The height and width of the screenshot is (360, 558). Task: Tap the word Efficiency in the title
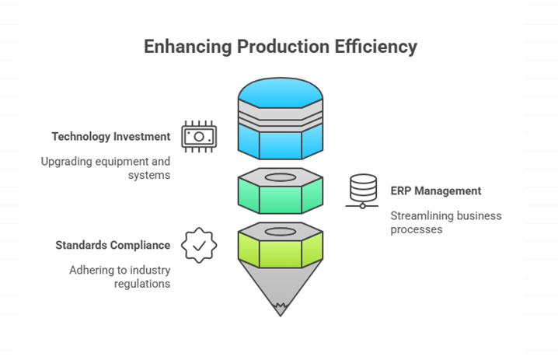point(375,47)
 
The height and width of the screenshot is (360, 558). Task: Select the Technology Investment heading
point(111,136)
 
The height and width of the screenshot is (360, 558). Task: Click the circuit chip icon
point(199,137)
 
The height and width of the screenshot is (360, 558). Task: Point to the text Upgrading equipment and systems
point(106,168)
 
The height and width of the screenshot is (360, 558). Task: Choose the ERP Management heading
point(435,190)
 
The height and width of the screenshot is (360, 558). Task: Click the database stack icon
point(363,191)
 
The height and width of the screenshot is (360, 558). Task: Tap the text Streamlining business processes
point(446,222)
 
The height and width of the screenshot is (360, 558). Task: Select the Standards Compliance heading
point(113,245)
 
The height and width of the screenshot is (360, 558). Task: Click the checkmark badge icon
point(199,246)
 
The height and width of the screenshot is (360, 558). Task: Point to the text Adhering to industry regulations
point(120,277)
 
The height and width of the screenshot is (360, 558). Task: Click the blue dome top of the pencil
point(281,92)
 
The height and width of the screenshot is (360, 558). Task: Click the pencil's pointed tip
point(281,316)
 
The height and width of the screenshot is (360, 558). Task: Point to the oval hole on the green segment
point(281,177)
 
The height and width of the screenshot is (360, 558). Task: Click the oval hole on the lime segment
point(281,232)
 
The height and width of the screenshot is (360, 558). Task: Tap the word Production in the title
point(283,47)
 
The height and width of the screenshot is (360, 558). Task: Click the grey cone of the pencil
point(281,285)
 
